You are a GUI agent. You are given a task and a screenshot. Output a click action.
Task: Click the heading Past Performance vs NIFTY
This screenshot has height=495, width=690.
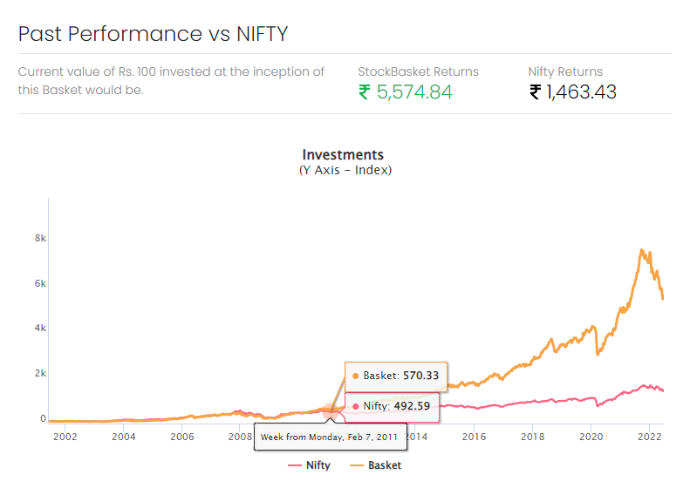pos(153,34)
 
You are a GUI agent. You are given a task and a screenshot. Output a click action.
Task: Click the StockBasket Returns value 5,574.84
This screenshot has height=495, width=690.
pos(406,92)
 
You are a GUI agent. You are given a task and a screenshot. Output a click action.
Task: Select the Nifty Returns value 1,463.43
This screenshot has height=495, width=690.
pos(573,92)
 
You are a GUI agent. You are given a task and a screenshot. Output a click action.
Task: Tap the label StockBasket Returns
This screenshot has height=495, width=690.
pos(418,71)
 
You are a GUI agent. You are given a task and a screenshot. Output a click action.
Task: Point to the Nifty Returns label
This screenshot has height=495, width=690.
pos(565,71)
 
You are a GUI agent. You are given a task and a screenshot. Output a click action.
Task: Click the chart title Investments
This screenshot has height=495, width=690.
pos(343,155)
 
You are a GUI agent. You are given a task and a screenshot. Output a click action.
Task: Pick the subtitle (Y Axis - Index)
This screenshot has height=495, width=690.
pos(345,170)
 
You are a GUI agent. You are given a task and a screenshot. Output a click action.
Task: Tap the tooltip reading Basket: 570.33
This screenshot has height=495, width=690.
pos(396,376)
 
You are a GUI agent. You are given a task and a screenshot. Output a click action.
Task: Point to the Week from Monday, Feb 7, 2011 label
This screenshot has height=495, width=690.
pos(330,436)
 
